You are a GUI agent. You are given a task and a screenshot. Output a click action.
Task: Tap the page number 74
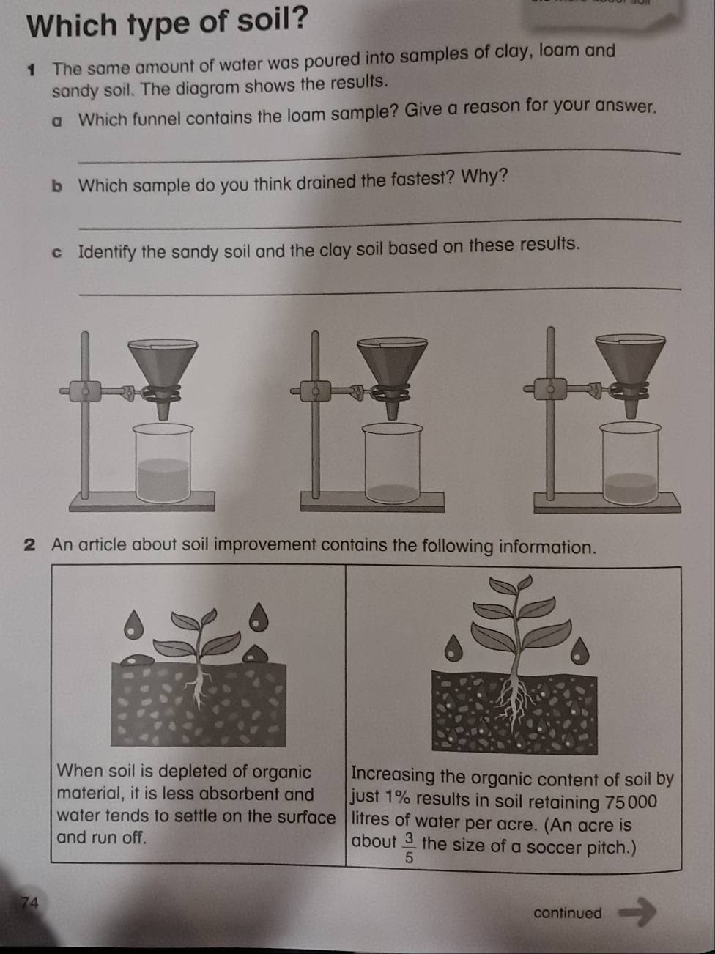coord(30,902)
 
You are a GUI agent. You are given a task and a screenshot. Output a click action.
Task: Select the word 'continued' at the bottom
coord(568,913)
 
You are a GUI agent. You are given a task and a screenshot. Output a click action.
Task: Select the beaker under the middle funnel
coord(393,465)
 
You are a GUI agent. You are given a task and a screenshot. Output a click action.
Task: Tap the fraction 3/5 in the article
coord(409,848)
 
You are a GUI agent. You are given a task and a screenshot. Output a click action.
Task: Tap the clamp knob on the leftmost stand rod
coord(86,391)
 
